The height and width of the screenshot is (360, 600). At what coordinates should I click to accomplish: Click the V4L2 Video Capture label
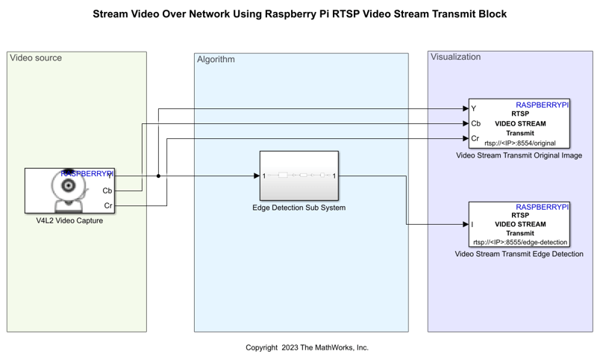[x=69, y=220]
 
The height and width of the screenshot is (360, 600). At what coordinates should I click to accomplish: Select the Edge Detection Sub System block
[x=299, y=176]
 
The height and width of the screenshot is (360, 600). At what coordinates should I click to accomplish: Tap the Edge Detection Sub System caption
[x=299, y=208]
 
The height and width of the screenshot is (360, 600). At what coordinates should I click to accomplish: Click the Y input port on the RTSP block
[x=474, y=109]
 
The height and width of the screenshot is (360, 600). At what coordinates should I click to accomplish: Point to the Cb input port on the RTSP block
[x=475, y=124]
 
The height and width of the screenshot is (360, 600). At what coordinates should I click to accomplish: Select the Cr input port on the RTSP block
[x=475, y=138]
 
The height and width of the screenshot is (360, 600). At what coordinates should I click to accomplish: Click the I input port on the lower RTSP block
[x=472, y=224]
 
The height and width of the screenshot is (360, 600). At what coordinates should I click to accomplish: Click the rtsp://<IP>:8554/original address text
[x=520, y=143]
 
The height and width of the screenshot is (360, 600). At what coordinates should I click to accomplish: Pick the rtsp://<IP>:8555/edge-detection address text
[x=520, y=242]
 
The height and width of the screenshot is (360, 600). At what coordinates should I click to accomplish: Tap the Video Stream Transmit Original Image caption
[x=519, y=156]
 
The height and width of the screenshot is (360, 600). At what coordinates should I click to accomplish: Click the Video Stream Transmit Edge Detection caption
[x=519, y=255]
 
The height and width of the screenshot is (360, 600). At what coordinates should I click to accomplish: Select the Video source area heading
[x=36, y=58]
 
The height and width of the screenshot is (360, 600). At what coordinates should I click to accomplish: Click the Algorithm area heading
[x=216, y=60]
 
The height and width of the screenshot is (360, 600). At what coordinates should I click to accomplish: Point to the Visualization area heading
[x=456, y=57]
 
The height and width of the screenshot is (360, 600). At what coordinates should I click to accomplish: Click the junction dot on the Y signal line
[x=158, y=176]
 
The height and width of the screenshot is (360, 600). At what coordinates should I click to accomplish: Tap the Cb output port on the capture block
[x=107, y=191]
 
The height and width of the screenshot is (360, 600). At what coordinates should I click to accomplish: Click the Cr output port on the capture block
[x=108, y=205]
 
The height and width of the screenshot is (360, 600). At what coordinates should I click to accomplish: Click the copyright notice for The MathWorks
[x=307, y=347]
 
